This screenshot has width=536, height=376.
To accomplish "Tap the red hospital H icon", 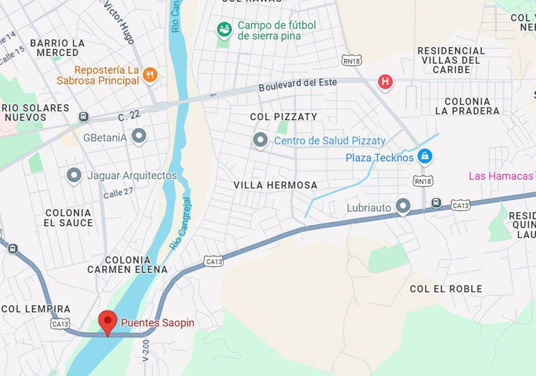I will [x=385, y=81].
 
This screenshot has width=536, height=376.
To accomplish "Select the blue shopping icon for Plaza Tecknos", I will [x=424, y=156].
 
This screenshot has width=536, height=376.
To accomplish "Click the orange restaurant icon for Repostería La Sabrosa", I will [x=150, y=74].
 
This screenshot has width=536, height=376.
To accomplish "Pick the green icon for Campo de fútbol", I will [x=225, y=30].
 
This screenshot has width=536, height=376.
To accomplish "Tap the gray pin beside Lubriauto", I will [x=403, y=206].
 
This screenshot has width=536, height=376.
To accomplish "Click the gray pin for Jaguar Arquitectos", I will [x=74, y=175].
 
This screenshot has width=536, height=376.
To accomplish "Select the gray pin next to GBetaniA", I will [x=139, y=136].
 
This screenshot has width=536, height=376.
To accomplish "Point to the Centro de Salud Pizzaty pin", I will [x=260, y=140].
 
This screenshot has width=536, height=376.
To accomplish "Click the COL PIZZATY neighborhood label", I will [x=283, y=117].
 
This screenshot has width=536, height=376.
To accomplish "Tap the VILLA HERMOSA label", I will [x=275, y=185].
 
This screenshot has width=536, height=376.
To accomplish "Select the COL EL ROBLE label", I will [x=446, y=289].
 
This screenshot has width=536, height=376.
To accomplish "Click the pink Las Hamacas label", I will [x=501, y=176].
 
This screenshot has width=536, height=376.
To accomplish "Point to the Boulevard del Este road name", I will [x=297, y=84].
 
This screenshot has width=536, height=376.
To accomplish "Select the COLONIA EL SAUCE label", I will [x=68, y=218].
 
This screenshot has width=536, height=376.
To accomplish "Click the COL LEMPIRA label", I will [x=36, y=309].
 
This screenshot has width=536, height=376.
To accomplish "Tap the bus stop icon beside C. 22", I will [x=84, y=117].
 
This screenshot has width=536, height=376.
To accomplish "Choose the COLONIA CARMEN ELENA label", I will [x=127, y=265].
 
